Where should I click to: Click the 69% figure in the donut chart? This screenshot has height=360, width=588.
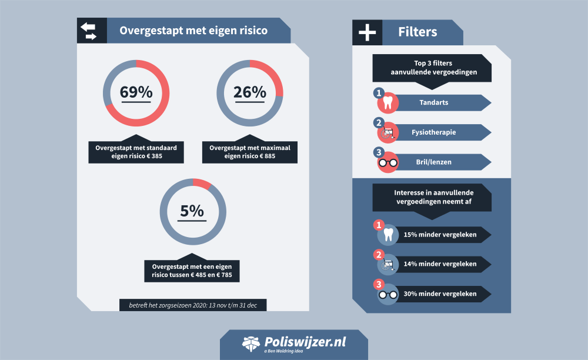[x=136, y=92]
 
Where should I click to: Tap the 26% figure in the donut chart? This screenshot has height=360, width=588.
[x=249, y=92]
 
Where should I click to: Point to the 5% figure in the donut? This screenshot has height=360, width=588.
[x=192, y=211]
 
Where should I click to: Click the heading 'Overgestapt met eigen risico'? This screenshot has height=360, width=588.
[x=193, y=31]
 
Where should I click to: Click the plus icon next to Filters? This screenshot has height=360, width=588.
[x=367, y=32]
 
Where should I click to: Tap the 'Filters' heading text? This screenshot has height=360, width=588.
[x=417, y=31]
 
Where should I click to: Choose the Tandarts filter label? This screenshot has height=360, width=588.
[x=434, y=102]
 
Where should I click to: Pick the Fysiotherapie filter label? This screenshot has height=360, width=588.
[x=434, y=132]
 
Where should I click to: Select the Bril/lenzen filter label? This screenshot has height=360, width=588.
[x=434, y=162]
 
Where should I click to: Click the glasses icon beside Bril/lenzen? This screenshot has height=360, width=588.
[x=388, y=163]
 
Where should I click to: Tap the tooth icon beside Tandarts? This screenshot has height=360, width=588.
[x=387, y=104]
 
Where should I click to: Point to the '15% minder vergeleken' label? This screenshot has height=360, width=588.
[x=440, y=235]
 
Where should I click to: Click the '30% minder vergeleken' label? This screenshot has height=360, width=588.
[x=440, y=294]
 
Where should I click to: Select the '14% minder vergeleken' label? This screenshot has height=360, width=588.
[x=440, y=264]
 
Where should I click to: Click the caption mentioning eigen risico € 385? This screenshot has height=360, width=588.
[x=136, y=152]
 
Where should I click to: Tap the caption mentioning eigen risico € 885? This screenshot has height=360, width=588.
[x=249, y=152]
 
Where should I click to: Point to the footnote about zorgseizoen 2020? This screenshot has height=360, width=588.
[x=193, y=305]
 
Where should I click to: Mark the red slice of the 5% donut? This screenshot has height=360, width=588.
[x=202, y=184]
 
